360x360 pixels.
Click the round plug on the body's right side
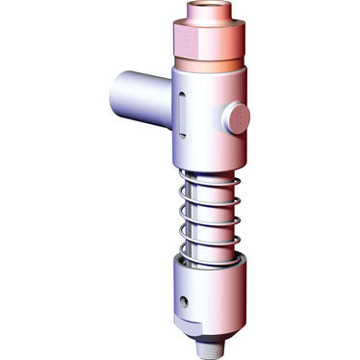[236, 117]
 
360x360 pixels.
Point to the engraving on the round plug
[239, 118]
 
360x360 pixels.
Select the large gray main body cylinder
[207, 130]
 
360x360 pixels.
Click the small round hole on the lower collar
[183, 302]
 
